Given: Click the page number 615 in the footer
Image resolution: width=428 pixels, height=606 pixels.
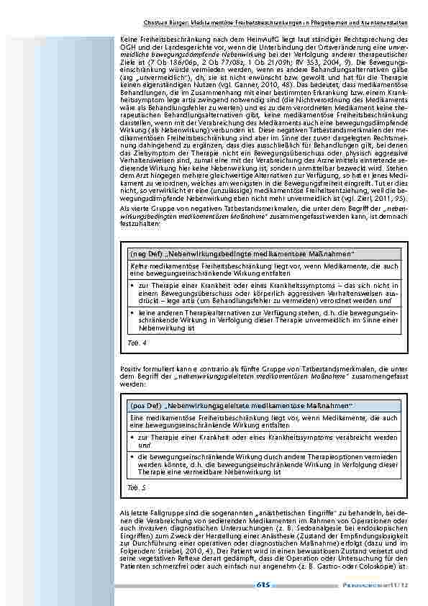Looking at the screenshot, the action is click(x=263, y=585).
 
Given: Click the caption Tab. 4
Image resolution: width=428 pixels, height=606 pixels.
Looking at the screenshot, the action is click(x=135, y=343).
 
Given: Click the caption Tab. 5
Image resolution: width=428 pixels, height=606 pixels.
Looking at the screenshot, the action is click(x=135, y=487).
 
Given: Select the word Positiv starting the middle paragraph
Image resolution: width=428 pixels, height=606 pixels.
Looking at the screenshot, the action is click(x=130, y=368).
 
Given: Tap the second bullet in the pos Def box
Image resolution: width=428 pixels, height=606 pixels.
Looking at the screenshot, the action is click(x=133, y=456).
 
